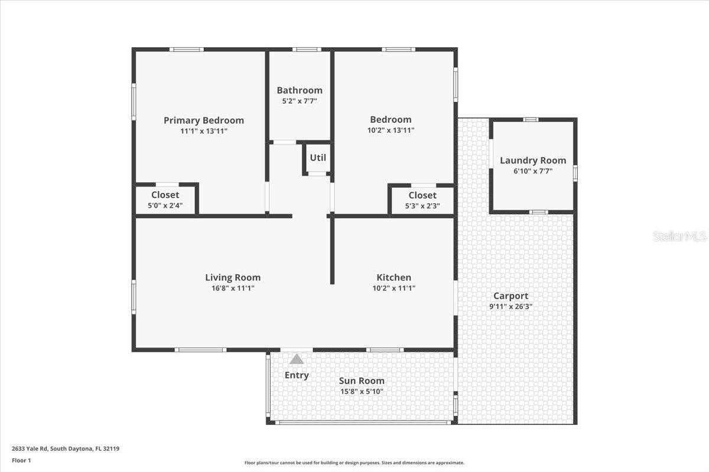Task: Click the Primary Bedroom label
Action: [x=203, y=120]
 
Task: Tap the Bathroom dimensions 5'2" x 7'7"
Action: [x=300, y=101]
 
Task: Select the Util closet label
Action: [x=318, y=158]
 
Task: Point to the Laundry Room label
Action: [x=532, y=160]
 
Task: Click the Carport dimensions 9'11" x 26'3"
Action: [x=512, y=307]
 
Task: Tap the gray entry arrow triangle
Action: [x=297, y=359]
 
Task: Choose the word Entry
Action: [x=297, y=375]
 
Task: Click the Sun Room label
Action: [x=362, y=381]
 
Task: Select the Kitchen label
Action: [x=393, y=277]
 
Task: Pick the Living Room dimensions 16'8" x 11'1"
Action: [x=233, y=289]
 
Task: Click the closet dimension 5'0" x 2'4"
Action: [x=165, y=206]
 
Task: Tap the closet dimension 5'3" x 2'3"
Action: [x=422, y=206]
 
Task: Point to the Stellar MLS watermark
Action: [x=679, y=237]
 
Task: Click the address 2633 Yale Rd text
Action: [x=66, y=448]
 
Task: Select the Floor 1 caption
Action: [x=21, y=460]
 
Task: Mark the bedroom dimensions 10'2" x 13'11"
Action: [x=391, y=130]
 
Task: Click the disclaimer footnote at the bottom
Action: [x=354, y=463]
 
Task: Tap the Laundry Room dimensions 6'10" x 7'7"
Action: [x=532, y=171]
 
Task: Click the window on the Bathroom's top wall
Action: [x=306, y=50]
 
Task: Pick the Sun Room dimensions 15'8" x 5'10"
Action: [x=362, y=391]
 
